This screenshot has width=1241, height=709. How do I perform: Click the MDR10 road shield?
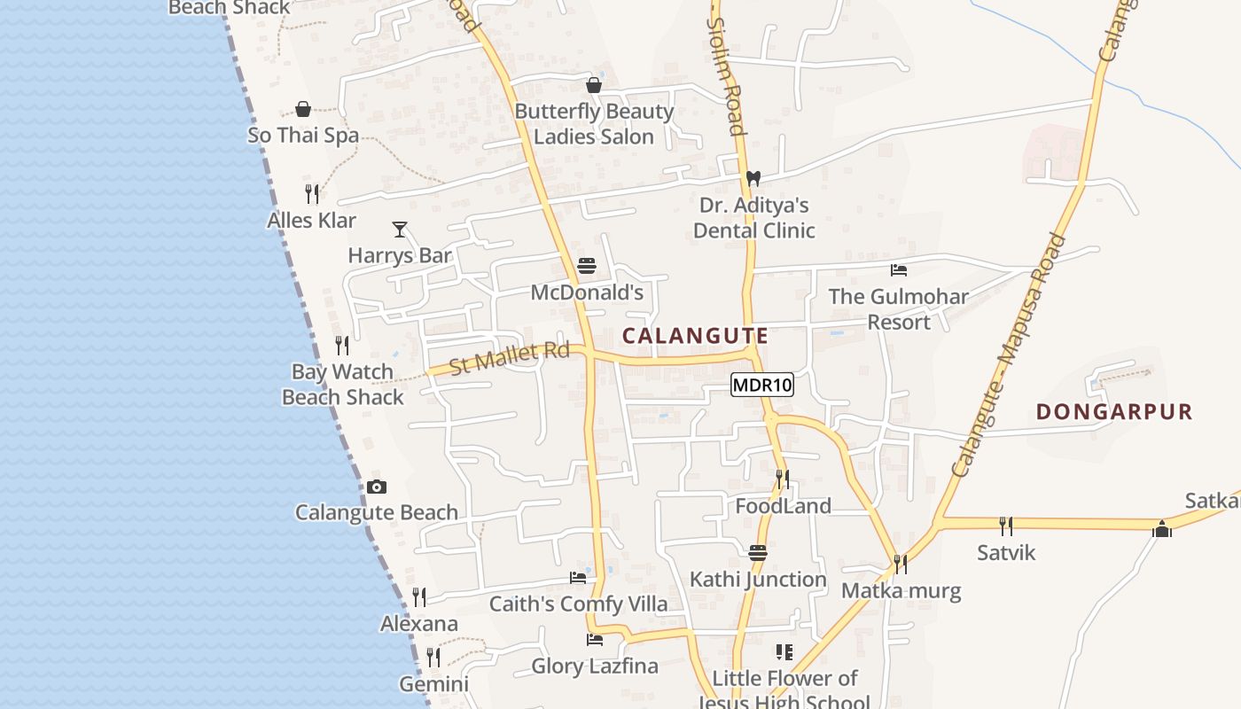(x=762, y=385)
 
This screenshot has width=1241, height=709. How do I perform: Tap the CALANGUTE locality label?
(x=695, y=336)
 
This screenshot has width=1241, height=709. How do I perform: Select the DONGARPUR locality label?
(x=1114, y=411)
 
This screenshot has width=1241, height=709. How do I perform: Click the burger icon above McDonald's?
(x=587, y=265)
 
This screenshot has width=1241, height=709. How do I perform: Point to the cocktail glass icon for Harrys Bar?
(x=400, y=230)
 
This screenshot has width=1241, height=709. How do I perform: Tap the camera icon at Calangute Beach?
(x=377, y=487)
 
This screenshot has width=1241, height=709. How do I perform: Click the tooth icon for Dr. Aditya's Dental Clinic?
(x=753, y=178)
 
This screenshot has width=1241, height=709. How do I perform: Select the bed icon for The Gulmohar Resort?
(x=899, y=269)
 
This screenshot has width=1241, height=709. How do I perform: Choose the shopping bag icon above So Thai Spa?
(x=303, y=109)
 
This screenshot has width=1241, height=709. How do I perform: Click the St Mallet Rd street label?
(x=509, y=357)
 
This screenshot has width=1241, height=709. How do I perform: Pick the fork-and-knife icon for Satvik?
(x=1006, y=526)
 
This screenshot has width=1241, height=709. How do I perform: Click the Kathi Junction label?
(x=758, y=580)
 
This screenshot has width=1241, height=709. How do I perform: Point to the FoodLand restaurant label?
(x=784, y=506)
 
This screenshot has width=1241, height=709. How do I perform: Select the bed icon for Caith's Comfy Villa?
(x=578, y=578)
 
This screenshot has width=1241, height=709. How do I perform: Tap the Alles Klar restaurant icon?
(x=312, y=194)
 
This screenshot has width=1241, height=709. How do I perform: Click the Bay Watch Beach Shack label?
(x=343, y=385)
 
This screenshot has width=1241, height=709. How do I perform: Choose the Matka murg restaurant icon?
(x=901, y=564)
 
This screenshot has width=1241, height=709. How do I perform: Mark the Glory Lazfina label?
(x=595, y=666)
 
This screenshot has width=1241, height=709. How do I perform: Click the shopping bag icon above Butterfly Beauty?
(x=594, y=85)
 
